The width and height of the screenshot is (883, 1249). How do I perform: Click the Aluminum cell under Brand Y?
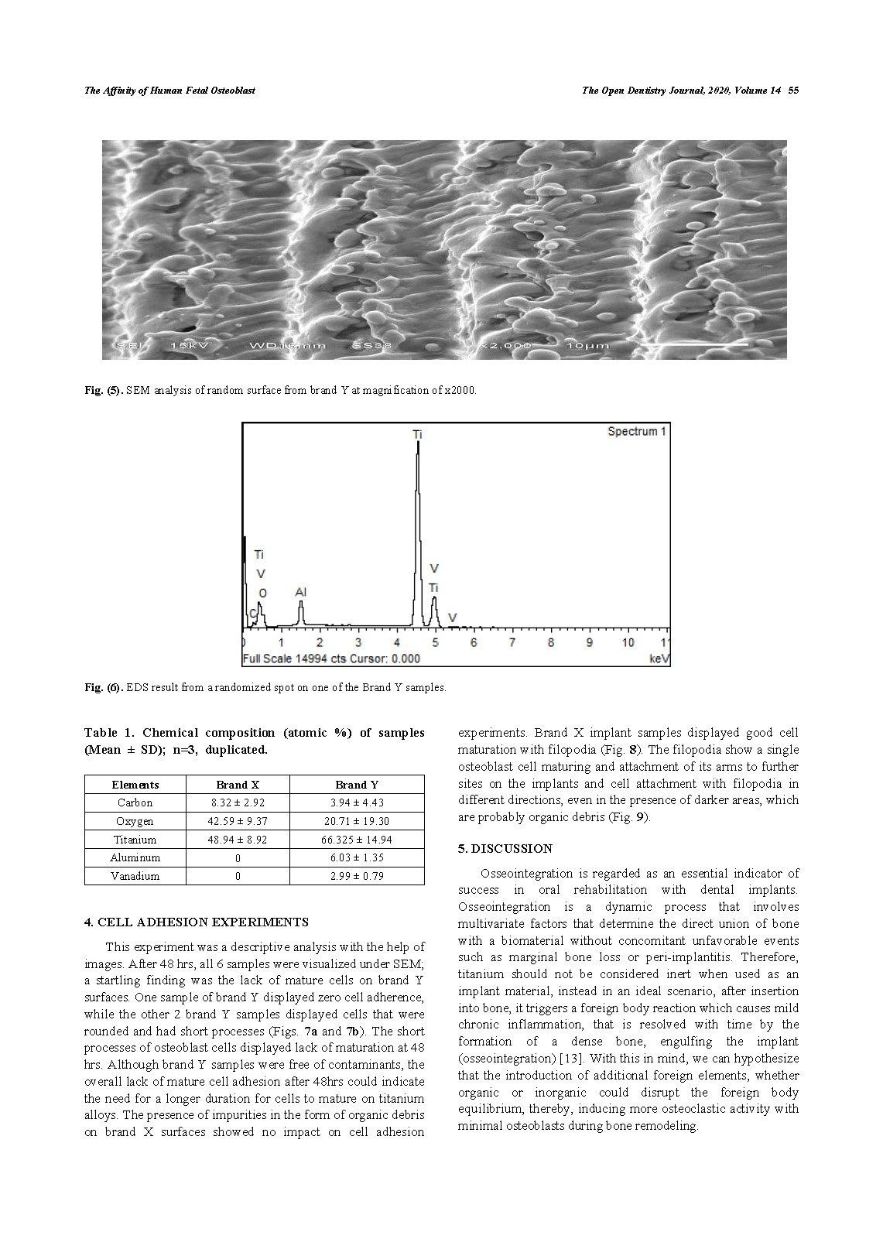click(357, 857)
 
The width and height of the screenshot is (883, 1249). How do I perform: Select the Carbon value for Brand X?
click(238, 802)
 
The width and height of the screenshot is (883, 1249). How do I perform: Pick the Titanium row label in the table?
click(135, 840)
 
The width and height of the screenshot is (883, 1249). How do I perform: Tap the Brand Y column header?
click(357, 785)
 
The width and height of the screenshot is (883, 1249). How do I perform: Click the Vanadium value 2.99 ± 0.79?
click(357, 876)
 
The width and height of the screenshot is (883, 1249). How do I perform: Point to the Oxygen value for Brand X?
click(238, 821)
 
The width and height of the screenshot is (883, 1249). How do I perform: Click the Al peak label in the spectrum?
click(301, 592)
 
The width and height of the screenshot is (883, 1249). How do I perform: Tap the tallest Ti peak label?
click(418, 435)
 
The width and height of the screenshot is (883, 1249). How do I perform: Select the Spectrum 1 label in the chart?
click(636, 432)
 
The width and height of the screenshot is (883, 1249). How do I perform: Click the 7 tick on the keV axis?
click(512, 642)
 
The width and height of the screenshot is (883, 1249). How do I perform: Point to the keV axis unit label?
click(659, 659)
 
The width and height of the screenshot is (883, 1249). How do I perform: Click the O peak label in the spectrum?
click(262, 594)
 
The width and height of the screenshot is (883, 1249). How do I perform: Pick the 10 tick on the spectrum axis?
click(628, 642)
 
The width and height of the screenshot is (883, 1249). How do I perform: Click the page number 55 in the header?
click(793, 91)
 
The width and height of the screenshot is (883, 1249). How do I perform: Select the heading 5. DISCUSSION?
click(505, 849)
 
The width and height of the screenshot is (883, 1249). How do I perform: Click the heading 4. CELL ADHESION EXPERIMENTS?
click(197, 922)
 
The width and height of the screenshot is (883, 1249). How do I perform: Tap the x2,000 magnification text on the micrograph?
click(505, 345)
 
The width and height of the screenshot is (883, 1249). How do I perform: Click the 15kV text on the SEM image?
click(189, 345)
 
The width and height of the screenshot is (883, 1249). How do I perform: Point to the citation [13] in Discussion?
click(570, 1059)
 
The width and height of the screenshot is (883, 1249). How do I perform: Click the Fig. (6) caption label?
click(103, 687)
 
